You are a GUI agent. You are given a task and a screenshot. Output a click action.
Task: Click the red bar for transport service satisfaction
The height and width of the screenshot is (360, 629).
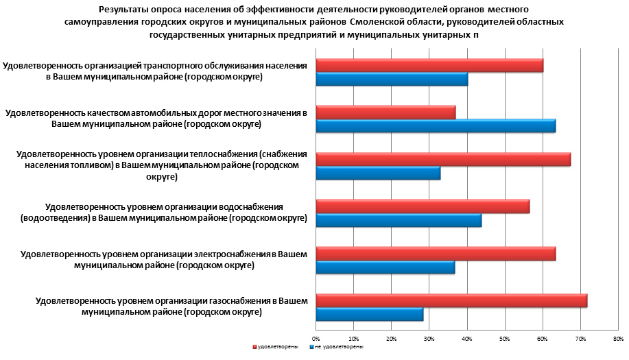click(429, 65)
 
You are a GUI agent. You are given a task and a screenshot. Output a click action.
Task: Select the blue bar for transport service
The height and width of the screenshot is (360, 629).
click(392, 79)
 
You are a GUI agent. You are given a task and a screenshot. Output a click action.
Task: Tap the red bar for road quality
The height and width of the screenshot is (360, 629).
click(385, 112)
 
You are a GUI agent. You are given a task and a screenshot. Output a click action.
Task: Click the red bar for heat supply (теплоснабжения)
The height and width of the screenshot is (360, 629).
click(443, 160)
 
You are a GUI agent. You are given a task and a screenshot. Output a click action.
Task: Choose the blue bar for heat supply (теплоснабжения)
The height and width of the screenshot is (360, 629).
click(378, 173)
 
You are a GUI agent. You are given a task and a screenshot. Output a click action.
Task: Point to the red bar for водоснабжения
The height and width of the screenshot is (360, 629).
click(423, 206)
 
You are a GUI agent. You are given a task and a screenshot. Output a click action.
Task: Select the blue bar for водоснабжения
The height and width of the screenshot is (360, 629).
click(399, 220)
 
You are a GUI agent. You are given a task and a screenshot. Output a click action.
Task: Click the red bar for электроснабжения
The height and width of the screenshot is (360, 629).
click(436, 254)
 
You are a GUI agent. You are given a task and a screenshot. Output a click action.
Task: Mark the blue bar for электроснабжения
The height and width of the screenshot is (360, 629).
click(385, 267)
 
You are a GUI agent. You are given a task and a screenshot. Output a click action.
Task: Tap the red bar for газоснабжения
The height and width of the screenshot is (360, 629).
click(451, 300)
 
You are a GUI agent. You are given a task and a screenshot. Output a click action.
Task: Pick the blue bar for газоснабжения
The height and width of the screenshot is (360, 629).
click(370, 315)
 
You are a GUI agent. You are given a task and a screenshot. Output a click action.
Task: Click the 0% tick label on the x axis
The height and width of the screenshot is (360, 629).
click(316, 338)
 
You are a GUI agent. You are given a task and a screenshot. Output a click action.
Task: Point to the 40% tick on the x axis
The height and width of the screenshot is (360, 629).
click(467, 338)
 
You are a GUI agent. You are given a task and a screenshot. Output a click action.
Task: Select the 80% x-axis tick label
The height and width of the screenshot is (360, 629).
click(617, 338)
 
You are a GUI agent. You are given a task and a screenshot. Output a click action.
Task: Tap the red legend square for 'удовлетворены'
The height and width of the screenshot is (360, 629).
click(254, 348)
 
